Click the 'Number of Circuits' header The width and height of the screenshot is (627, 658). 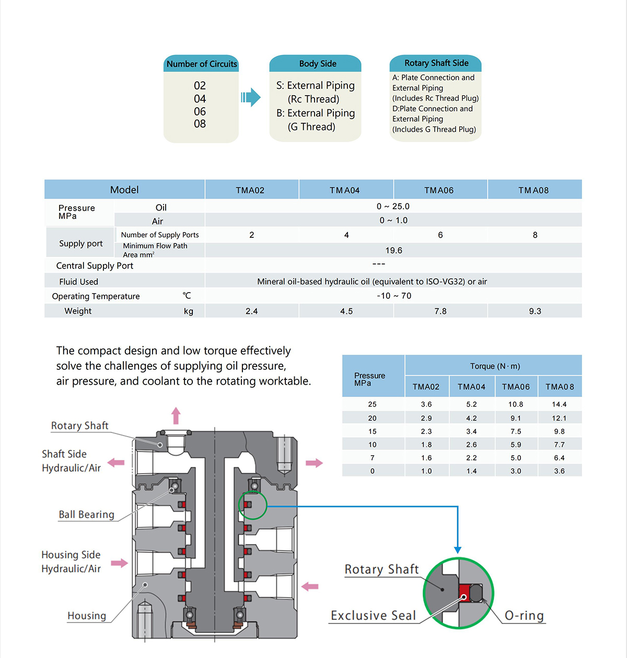201,64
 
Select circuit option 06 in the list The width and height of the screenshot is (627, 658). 200,111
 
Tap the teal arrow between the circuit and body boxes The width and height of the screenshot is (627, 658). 251,97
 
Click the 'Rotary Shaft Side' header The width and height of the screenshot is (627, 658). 436,63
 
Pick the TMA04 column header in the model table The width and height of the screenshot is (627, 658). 345,190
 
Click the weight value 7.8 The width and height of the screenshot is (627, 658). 440,311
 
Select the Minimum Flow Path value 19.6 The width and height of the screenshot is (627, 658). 393,250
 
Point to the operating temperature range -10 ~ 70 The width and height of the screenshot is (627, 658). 394,296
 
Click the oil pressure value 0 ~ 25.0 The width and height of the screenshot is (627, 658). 393,206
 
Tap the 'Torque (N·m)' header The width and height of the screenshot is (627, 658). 495,366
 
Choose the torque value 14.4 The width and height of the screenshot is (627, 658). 559,405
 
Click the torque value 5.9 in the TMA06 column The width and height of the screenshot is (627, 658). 516,444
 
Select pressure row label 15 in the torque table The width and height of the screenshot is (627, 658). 372,431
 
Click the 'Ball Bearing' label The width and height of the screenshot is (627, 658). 87,514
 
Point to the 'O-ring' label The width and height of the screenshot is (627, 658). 524,615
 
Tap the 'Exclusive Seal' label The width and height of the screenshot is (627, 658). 374,615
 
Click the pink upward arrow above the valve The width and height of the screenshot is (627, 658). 176,415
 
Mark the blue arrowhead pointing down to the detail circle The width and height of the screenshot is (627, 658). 458,550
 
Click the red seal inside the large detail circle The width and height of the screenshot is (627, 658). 464,593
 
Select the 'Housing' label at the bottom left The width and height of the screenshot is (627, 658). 87,616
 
